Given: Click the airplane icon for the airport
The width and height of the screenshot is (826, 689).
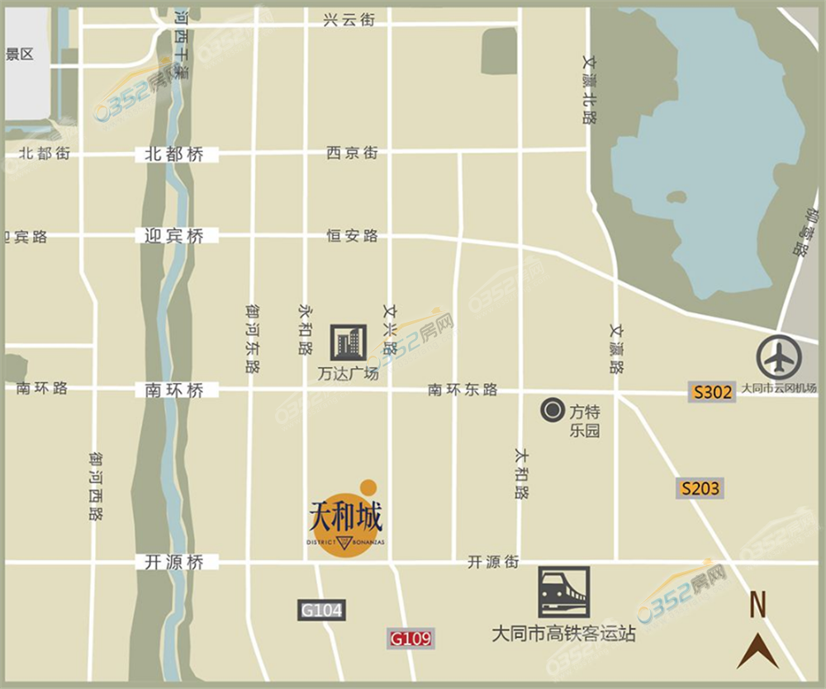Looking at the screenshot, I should pos(779,357).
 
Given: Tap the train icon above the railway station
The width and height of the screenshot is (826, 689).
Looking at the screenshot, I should pos(564,592).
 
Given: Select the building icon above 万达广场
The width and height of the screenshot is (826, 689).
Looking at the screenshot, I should pos(348,342).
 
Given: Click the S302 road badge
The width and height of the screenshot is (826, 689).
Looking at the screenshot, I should pos(712,392).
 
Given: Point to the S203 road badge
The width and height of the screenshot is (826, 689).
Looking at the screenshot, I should pos(700,488).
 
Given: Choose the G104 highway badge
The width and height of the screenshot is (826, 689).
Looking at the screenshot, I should pos(320,611).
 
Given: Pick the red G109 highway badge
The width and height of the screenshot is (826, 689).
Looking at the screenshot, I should pos(411,638).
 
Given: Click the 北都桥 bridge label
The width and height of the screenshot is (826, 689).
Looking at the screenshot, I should pos(173,154).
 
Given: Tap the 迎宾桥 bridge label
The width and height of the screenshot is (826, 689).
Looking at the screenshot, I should pos(173,236).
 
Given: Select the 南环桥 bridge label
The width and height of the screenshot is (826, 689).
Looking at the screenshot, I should pos(174,390).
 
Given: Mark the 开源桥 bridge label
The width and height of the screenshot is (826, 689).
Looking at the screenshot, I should pos(173,563).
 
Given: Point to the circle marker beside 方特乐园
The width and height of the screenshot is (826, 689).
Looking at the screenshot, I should pos(551,408).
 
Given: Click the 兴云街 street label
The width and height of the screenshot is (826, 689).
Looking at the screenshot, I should pos(349,20).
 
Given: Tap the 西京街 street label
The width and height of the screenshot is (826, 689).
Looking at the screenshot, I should pos(352,153).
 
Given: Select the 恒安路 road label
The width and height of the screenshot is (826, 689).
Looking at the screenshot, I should pos(352,236).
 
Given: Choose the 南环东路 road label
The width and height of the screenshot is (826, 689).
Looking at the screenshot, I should pos(463,390).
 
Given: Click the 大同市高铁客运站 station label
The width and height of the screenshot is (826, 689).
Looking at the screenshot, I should pos(563,635).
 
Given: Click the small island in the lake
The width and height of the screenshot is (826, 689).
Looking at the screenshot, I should pos(676,198).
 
